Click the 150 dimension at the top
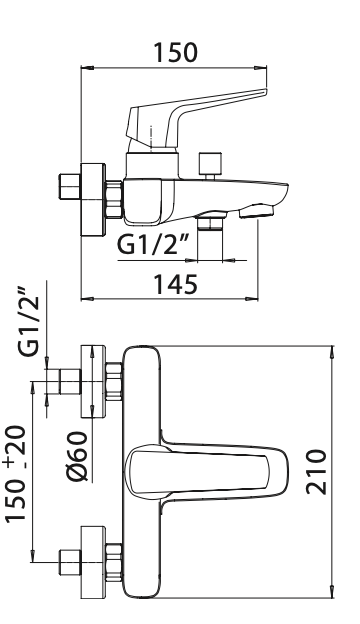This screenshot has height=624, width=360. click(175, 53)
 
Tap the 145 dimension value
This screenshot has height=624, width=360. click(175, 284)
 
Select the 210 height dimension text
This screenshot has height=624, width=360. click(316, 472)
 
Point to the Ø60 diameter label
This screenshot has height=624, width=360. click(76, 456)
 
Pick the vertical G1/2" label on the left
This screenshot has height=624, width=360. click(29, 321)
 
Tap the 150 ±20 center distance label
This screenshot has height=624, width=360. click(16, 473)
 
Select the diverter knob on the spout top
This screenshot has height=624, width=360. click(210, 166)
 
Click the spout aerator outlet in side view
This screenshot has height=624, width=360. click(257, 211)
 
